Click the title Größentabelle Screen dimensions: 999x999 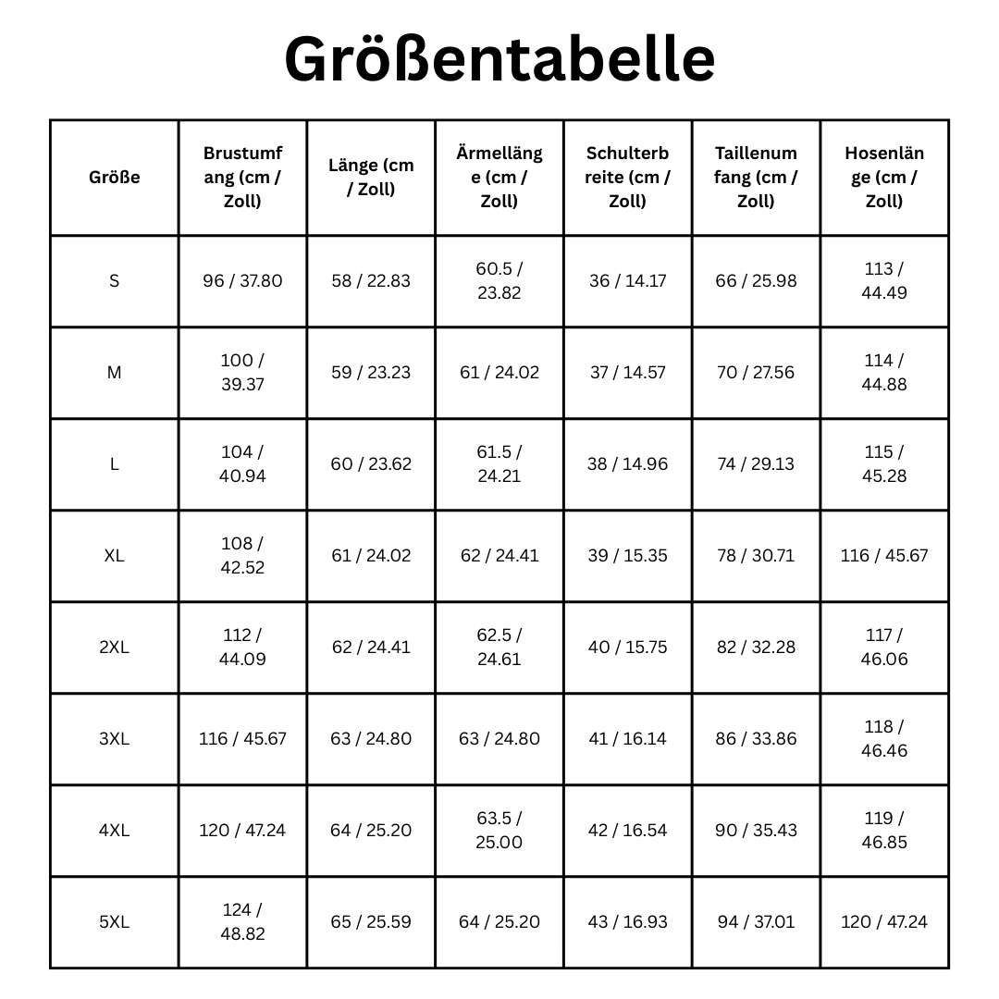coord(499,60)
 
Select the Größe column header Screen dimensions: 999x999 coord(114,178)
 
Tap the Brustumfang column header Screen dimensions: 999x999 coord(242,178)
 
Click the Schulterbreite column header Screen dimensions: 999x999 coord(627,178)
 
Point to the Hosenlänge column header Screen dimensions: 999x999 coord(884,178)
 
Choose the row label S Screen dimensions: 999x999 coord(114,280)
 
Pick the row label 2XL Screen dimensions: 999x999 coord(114,647)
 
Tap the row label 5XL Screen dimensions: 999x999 coord(114,922)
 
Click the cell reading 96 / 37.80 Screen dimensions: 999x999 coord(242,280)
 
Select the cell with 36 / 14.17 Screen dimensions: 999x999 coord(627,280)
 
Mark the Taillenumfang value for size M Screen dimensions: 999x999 coord(755,372)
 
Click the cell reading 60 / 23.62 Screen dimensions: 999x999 coord(371,463)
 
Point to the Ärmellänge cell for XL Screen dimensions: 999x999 coord(499,555)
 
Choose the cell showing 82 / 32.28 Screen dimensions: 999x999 coord(755,647)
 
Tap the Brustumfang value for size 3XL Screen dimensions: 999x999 coord(242,739)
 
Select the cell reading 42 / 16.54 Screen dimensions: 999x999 coord(627,831)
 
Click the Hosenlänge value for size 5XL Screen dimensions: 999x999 coord(884,922)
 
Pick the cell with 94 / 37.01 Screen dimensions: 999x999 coord(755,922)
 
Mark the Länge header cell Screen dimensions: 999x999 coord(371,178)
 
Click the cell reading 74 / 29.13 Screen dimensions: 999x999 coord(755,463)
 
